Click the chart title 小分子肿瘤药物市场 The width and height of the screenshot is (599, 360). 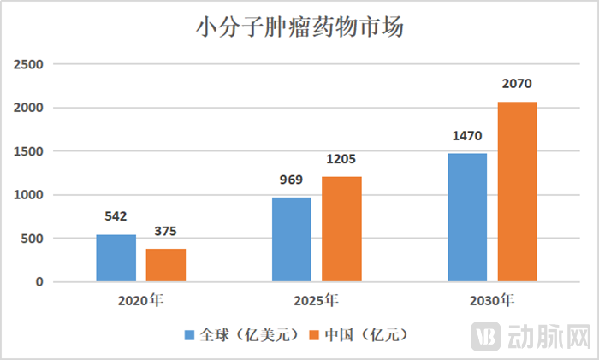300,28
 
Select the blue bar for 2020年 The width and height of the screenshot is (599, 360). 116,257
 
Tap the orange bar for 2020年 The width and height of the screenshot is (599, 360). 166,265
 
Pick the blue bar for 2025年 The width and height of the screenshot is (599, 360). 292,239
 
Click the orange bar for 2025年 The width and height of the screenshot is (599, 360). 341,228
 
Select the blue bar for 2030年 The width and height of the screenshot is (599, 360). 467,217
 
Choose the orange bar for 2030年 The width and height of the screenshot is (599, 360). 518,192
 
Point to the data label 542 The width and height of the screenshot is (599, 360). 116,218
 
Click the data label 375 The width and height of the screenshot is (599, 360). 166,233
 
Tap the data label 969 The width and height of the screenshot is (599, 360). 292,180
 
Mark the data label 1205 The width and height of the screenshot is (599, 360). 341,160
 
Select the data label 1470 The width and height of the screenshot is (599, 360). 467,137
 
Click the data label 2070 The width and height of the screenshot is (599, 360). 518,85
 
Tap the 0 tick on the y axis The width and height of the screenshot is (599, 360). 39,282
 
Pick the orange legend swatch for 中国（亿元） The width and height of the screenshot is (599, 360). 316,333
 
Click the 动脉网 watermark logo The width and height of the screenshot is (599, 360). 531,334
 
